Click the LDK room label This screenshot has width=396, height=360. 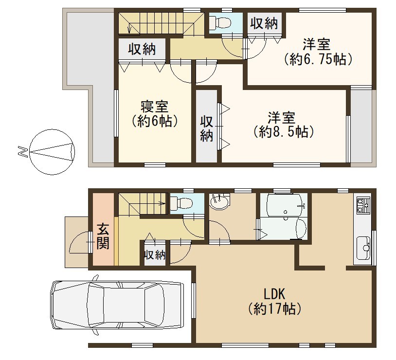pyautogui.click(x=274, y=294)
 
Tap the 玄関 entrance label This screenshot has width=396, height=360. pyautogui.click(x=103, y=236)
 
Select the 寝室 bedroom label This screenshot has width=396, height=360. pyautogui.click(x=155, y=107)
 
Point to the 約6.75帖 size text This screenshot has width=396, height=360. pyautogui.click(x=318, y=60)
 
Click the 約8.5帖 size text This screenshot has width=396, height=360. pyautogui.click(x=284, y=131)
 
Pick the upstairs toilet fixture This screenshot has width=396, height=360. pyautogui.click(x=220, y=22)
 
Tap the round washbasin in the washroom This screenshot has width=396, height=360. pyautogui.click(x=219, y=201)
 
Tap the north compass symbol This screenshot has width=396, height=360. pyautogui.click(x=52, y=152)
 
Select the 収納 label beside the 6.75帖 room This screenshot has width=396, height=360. pyautogui.click(x=264, y=24)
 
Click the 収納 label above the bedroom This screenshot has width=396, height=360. pyautogui.click(x=142, y=49)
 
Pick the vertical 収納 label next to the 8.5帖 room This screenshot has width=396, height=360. pyautogui.click(x=207, y=128)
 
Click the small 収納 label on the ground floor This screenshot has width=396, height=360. pyautogui.click(x=155, y=255)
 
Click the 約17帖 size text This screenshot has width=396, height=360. pyautogui.click(x=274, y=308)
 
